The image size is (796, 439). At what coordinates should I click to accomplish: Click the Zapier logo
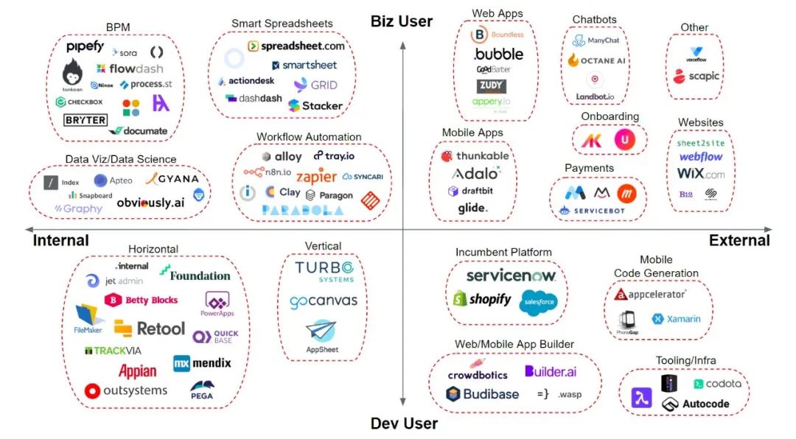tap(316, 177)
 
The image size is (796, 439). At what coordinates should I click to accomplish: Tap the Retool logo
tap(150, 328)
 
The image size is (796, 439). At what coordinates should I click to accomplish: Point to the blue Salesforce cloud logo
tap(538, 301)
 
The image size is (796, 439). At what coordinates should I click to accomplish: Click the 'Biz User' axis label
tap(402, 21)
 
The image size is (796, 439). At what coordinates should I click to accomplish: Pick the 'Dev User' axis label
tap(404, 424)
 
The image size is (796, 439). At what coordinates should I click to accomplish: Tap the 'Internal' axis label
tap(61, 240)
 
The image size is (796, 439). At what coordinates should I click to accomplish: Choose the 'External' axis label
tap(739, 240)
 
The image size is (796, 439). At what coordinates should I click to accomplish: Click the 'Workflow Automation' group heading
tap(309, 137)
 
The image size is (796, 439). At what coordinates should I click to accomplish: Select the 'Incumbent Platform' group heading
tap(503, 252)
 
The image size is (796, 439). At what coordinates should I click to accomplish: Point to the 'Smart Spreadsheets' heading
tap(282, 24)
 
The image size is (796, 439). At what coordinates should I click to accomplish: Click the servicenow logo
tap(510, 275)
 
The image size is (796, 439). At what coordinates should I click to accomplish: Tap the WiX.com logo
tap(700, 175)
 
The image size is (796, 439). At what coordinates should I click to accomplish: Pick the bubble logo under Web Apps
tap(498, 54)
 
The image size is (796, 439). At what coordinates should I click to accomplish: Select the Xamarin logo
tap(676, 319)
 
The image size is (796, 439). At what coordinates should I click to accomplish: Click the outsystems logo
tap(126, 390)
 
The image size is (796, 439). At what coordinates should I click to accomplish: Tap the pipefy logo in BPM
tap(85, 47)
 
